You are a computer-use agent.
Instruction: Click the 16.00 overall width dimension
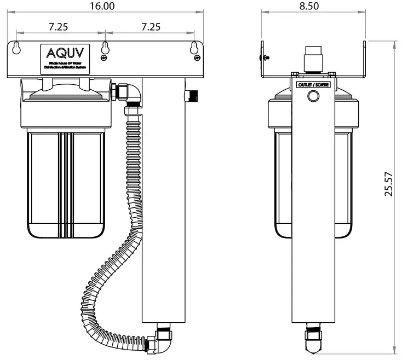(x=102, y=6)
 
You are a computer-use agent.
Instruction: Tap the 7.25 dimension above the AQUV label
(x=58, y=26)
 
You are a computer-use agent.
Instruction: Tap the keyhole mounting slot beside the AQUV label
(x=18, y=49)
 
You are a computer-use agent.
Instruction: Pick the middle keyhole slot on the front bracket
(x=105, y=48)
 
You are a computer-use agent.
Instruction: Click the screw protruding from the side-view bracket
(x=265, y=56)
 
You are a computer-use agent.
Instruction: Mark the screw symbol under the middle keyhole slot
(x=105, y=58)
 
